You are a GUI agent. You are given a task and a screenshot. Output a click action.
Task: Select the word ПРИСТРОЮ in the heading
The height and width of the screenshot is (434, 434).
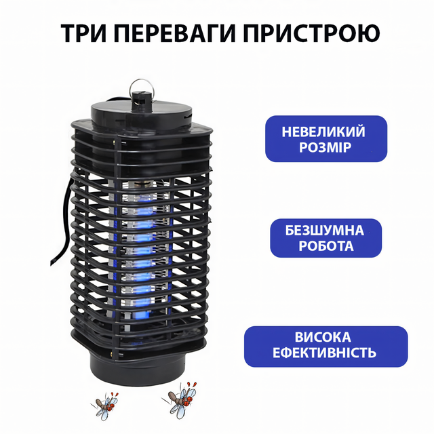[311, 33]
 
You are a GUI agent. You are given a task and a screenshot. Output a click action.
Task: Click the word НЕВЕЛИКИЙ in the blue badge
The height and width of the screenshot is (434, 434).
[323, 132]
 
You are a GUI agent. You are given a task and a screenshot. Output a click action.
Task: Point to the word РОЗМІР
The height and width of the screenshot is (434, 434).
[325, 148]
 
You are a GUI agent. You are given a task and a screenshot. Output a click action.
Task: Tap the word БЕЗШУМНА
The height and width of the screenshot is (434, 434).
[324, 231]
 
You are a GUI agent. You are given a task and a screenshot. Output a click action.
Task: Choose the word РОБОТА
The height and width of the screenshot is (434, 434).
[326, 245]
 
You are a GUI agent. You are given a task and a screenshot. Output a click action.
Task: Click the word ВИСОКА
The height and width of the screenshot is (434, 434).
[323, 337]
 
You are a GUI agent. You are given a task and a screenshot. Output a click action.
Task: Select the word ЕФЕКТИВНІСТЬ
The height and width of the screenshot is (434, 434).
[324, 353]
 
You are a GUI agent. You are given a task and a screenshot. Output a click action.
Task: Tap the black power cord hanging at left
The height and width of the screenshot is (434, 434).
[63, 222]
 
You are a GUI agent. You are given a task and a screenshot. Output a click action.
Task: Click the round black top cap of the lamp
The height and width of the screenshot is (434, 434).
[141, 113]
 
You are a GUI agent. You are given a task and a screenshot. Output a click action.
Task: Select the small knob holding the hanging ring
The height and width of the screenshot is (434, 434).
[142, 100]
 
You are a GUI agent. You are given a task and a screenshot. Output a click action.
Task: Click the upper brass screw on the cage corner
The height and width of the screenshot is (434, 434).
[114, 142]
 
